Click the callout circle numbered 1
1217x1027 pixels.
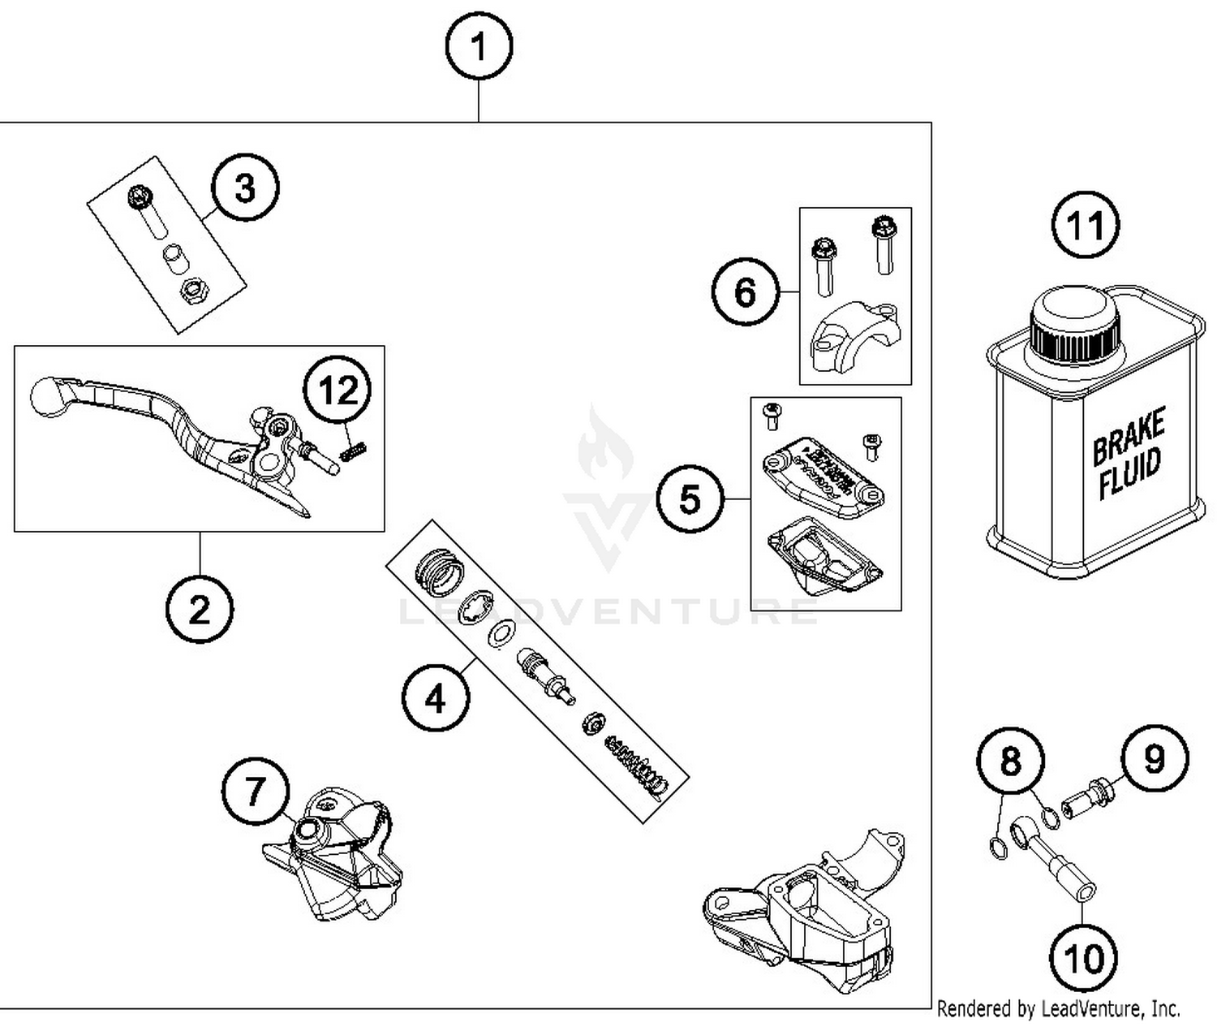click(x=479, y=46)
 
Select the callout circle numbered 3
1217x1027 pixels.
click(x=245, y=188)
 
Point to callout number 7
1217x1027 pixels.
click(x=256, y=791)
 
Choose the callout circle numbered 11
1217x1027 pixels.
click(x=1086, y=225)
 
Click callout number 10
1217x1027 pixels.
click(x=1083, y=958)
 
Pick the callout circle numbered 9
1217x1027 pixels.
click(x=1154, y=758)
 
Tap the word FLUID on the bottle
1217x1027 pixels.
click(x=1130, y=476)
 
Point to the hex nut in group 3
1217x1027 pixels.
click(x=193, y=289)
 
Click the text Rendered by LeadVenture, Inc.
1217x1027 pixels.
click(x=1058, y=1009)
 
